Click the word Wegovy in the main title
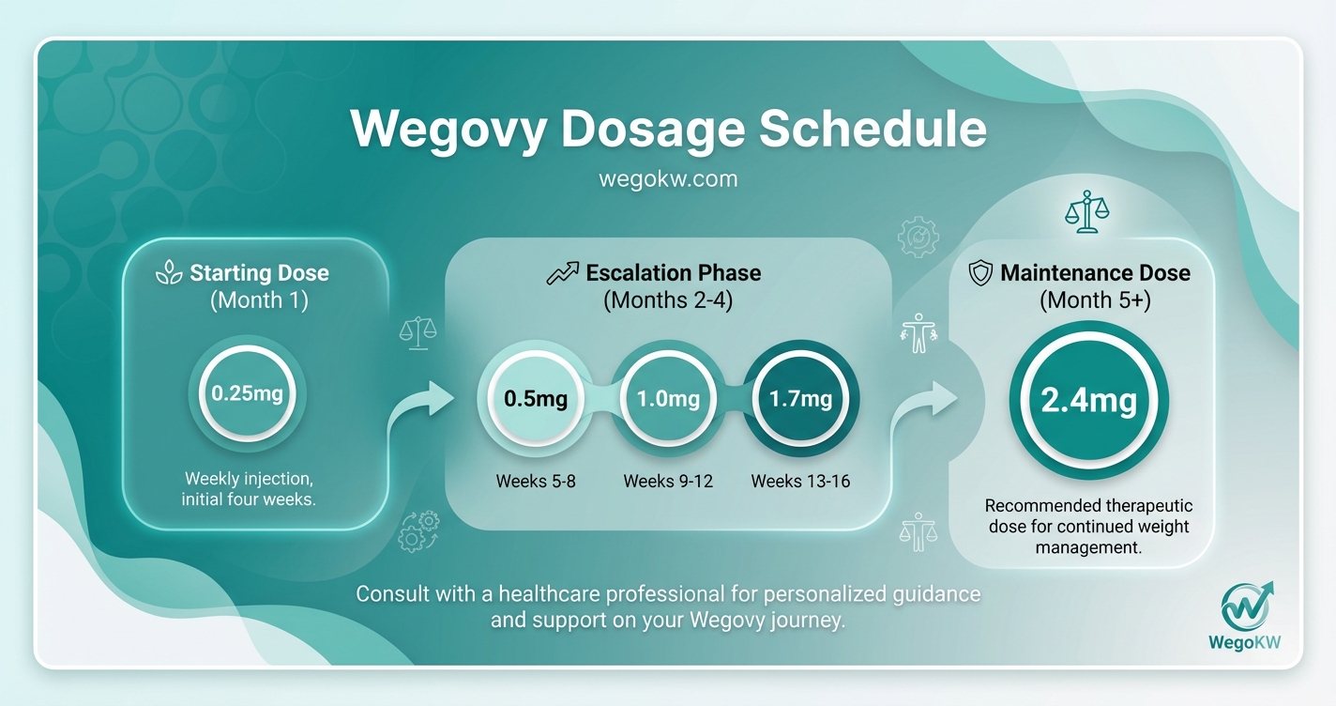pyautogui.click(x=448, y=129)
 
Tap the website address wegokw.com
pyautogui.click(x=668, y=178)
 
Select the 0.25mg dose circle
pyautogui.click(x=247, y=393)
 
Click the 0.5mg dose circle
pyautogui.click(x=536, y=399)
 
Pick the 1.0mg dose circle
pyautogui.click(x=668, y=399)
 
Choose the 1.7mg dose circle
pyautogui.click(x=800, y=399)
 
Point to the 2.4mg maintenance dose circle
pyautogui.click(x=1088, y=401)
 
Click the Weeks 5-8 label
pyautogui.click(x=536, y=482)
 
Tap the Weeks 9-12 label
pyautogui.click(x=668, y=482)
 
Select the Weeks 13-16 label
pyautogui.click(x=800, y=482)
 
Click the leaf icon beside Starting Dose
pyautogui.click(x=169, y=273)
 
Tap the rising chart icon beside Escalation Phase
pyautogui.click(x=563, y=273)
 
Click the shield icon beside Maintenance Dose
pyautogui.click(x=980, y=273)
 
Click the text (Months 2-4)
pyautogui.click(x=668, y=300)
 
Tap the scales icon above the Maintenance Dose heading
pyautogui.click(x=1086, y=212)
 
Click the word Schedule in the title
pyautogui.click(x=873, y=129)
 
